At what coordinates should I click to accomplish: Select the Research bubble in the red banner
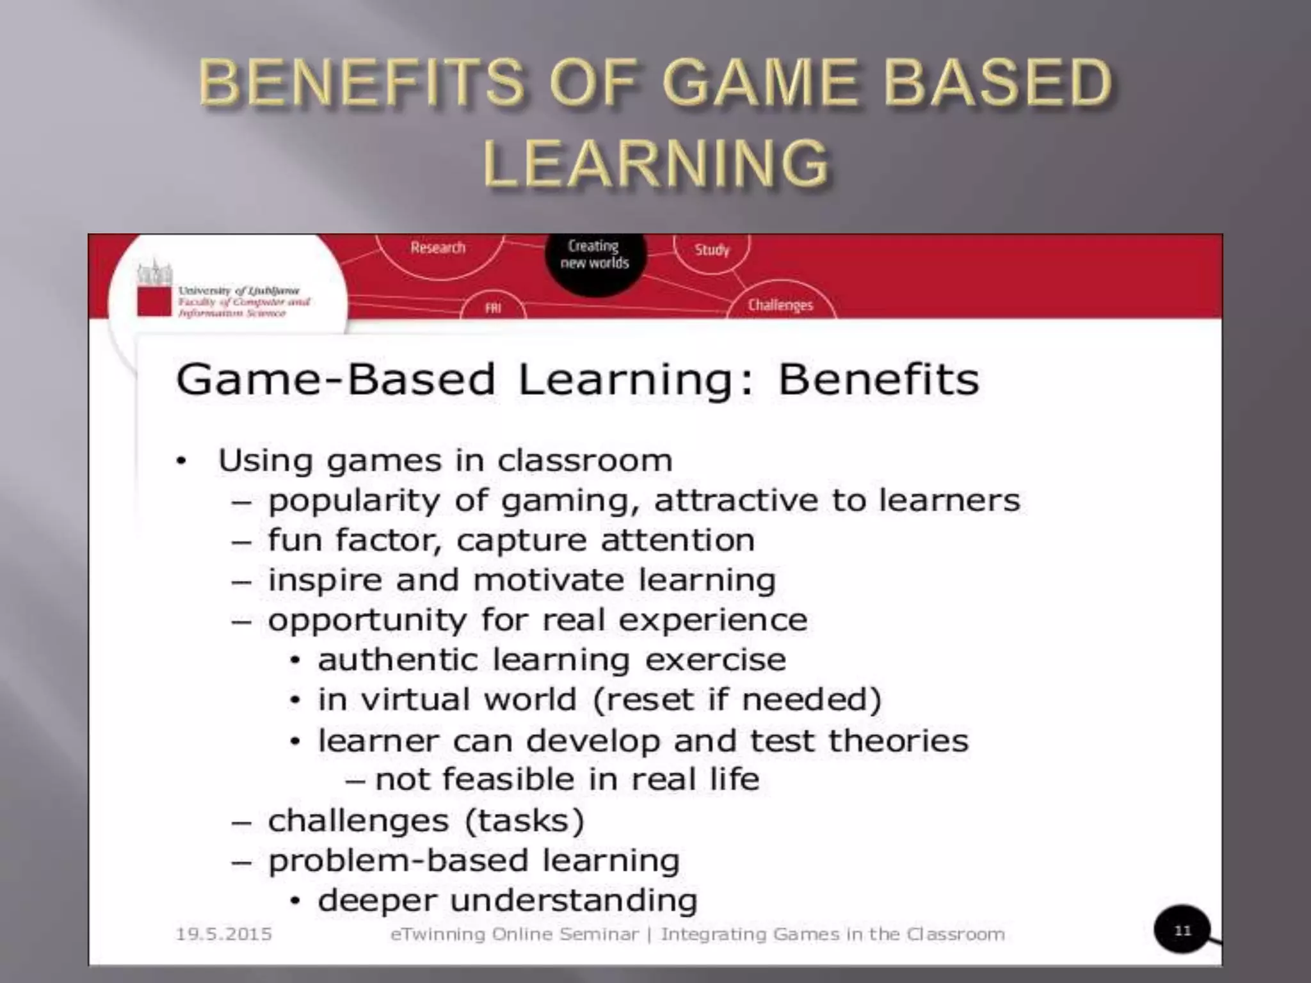(438, 248)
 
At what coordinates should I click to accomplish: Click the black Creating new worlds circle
(595, 256)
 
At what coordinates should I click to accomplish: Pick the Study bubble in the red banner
(712, 250)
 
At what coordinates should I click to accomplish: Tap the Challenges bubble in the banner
(780, 305)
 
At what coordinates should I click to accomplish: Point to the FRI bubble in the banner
(493, 308)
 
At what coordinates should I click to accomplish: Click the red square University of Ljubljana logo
(154, 301)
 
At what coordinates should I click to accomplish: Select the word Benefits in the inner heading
(878, 380)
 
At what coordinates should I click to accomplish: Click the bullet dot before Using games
(182, 461)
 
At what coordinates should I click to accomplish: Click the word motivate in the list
(548, 580)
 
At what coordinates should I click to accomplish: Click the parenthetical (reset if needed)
(737, 699)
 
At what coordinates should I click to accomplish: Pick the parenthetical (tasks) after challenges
(524, 820)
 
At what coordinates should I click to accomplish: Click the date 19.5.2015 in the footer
(224, 934)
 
